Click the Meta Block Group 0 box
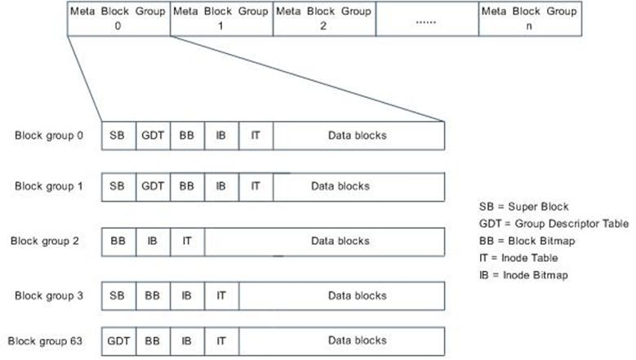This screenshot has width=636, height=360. (x=118, y=19)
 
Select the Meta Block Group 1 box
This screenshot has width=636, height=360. (x=221, y=19)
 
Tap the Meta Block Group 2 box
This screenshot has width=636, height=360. (x=324, y=19)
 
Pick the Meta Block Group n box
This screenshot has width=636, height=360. (x=530, y=19)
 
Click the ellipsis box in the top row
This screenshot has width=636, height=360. (x=427, y=19)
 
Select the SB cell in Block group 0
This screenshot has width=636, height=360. (x=118, y=136)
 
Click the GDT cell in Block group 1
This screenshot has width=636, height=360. (x=153, y=186)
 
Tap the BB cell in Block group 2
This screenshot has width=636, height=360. (x=118, y=241)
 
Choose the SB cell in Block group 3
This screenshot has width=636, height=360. (x=118, y=296)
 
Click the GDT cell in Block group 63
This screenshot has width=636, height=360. (x=118, y=340)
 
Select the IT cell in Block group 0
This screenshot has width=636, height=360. (x=256, y=136)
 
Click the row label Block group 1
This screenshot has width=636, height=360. (x=49, y=186)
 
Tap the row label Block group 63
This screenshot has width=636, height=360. (x=46, y=340)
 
